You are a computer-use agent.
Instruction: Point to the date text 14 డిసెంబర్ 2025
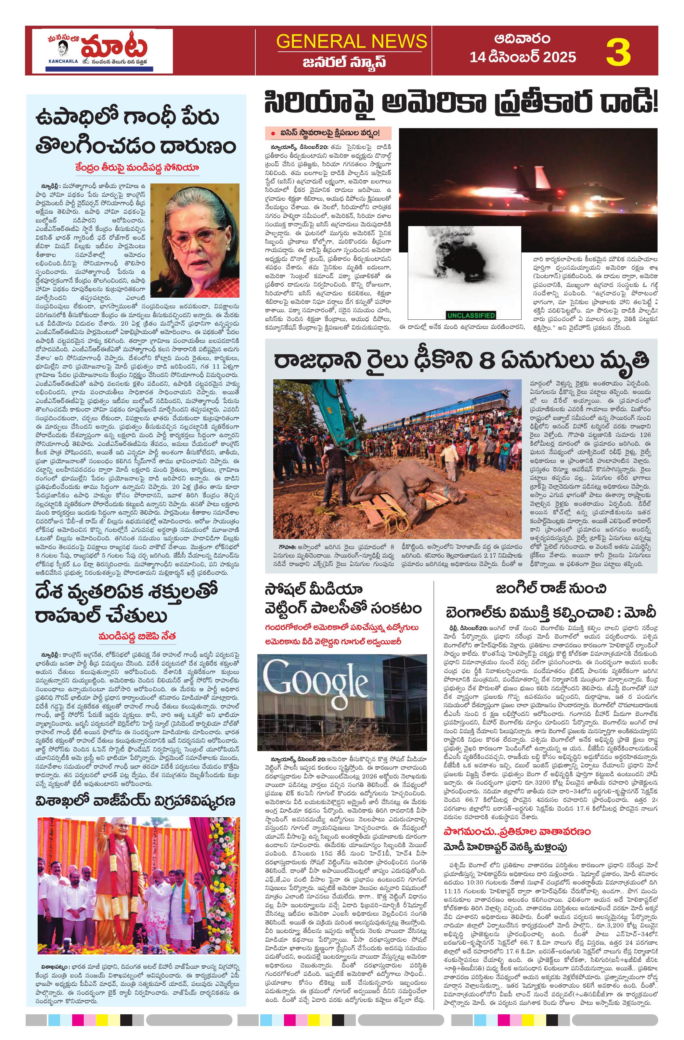click(523, 57)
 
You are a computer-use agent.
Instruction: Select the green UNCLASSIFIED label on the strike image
click(471, 315)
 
